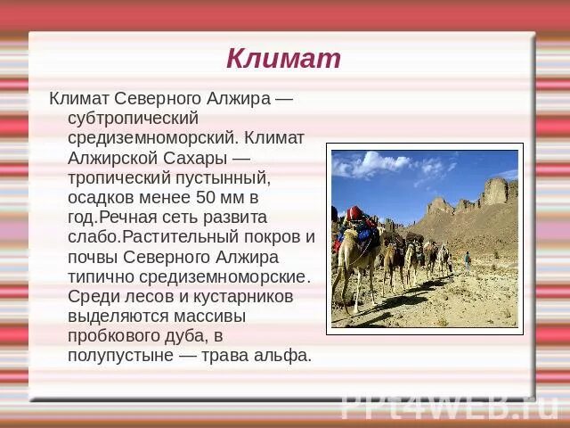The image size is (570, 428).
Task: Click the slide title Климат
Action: click(283, 59)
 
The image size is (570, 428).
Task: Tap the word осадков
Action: click(100, 197)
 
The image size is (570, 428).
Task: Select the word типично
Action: click(101, 276)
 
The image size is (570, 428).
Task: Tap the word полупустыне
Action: click(120, 355)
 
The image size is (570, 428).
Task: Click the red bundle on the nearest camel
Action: click(355, 213)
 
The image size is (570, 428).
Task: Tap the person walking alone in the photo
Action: click(467, 260)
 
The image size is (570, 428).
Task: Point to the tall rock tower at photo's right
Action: click(495, 191)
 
